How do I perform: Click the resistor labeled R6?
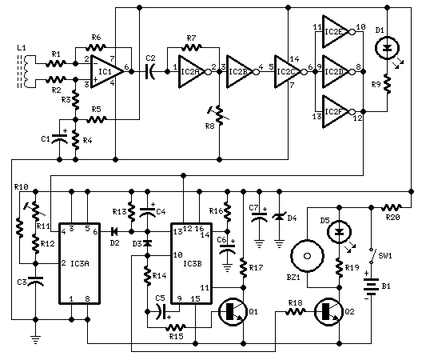pyautogui.click(x=97, y=47)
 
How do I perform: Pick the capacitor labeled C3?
pyautogui.click(x=35, y=282)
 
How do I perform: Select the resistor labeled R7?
pyautogui.click(x=191, y=47)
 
